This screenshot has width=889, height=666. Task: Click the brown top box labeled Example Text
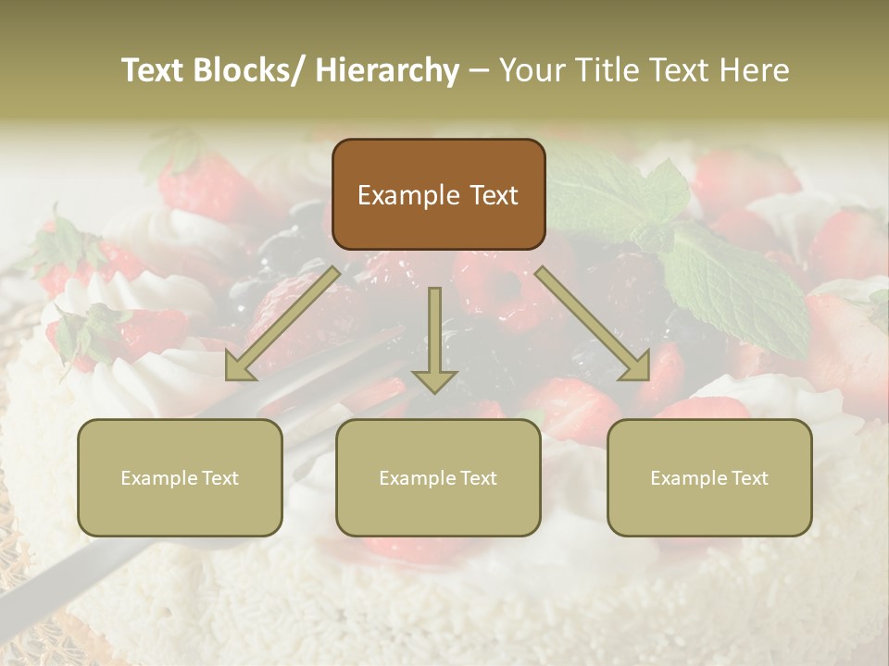click(438, 194)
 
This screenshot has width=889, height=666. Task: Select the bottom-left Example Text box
click(180, 477)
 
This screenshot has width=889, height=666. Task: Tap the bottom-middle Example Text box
click(438, 477)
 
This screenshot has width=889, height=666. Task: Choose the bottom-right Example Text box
click(709, 477)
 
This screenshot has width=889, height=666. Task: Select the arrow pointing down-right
click(594, 324)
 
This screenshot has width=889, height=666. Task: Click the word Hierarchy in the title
click(386, 70)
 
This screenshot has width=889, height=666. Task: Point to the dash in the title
click(479, 70)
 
